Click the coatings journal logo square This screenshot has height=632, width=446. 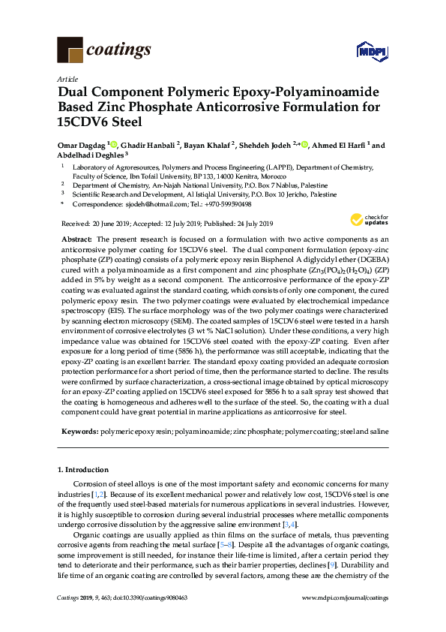(70, 50)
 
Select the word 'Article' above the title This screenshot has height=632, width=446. (67, 78)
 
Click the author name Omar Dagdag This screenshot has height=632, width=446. (82, 145)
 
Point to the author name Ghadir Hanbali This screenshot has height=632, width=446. (149, 145)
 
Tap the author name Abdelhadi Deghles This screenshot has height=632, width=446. (90, 155)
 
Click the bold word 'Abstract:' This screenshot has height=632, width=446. (77, 237)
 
